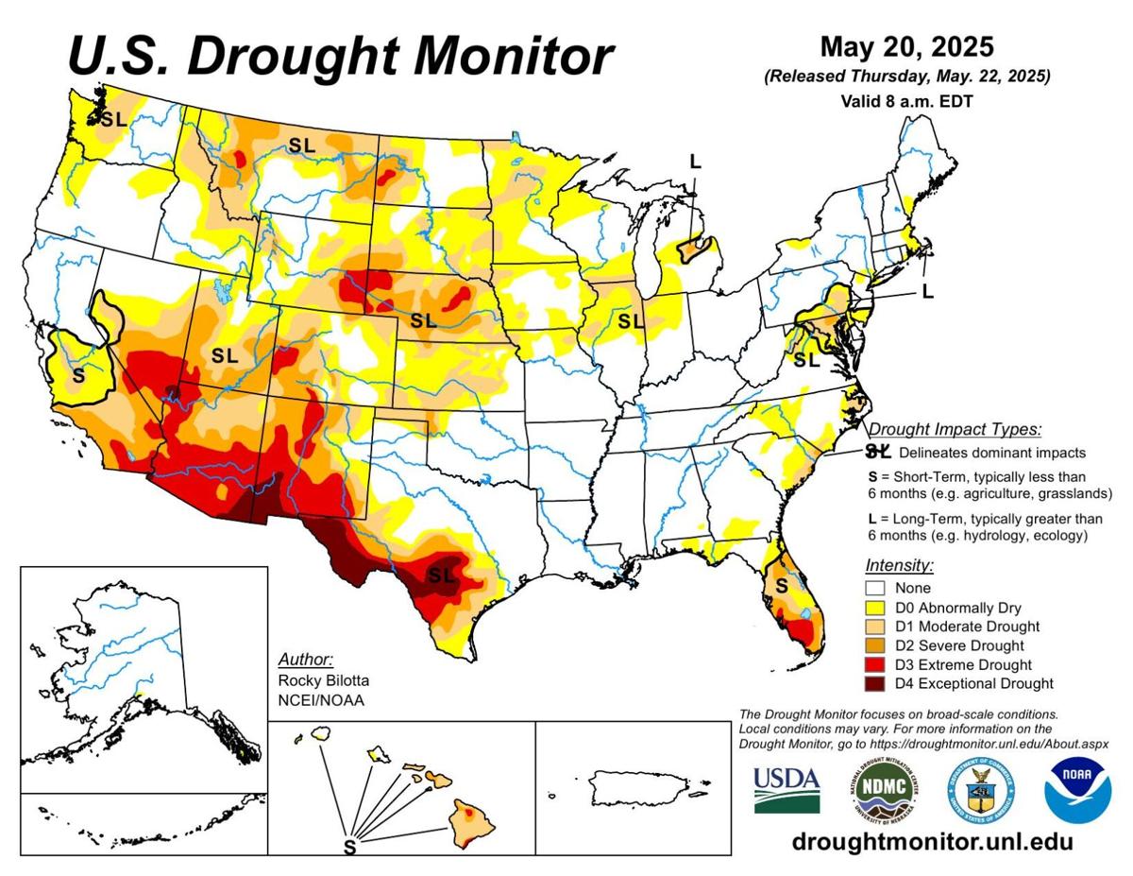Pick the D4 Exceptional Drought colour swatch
[x=874, y=683]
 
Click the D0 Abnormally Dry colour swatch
[x=874, y=607]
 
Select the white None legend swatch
[x=874, y=588]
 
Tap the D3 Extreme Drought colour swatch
[x=874, y=664]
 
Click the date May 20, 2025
[x=906, y=46]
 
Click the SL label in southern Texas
[x=442, y=575]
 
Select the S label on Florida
[x=782, y=586]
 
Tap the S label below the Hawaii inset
[x=349, y=848]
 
